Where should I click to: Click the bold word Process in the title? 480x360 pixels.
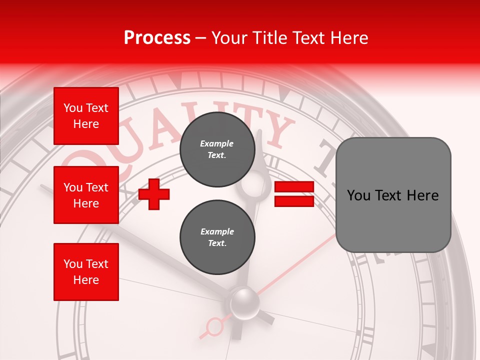coord(157,38)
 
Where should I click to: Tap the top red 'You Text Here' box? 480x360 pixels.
coord(86,116)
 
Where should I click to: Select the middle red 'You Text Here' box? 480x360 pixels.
coord(86,195)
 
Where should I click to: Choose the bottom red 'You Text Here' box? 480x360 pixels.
coord(86,271)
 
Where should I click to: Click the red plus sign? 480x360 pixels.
coord(154,193)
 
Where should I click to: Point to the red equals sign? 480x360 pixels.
coord(294,194)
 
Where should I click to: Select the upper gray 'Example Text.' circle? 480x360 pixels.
coord(217,149)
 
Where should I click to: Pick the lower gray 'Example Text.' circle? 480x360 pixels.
coord(217,237)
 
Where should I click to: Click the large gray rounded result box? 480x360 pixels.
coord(393,194)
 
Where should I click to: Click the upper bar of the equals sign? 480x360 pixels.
coord(294,187)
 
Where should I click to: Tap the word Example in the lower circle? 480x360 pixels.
coord(217,231)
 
